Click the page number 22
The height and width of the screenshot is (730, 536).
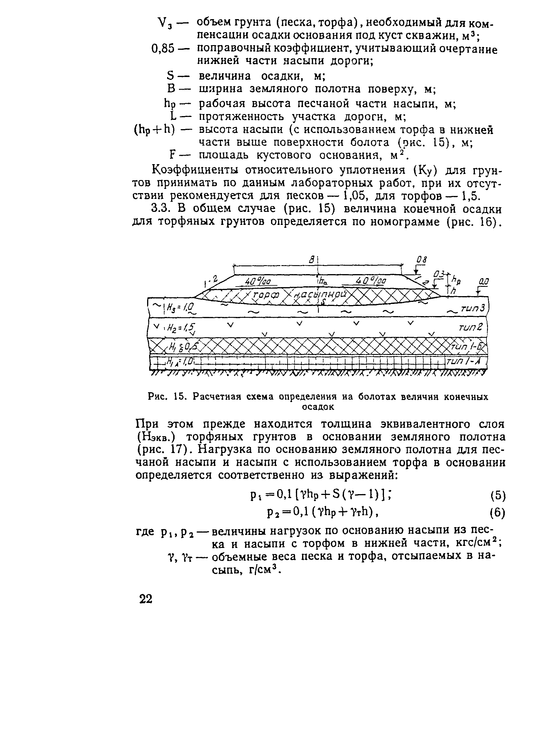(146, 598)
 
